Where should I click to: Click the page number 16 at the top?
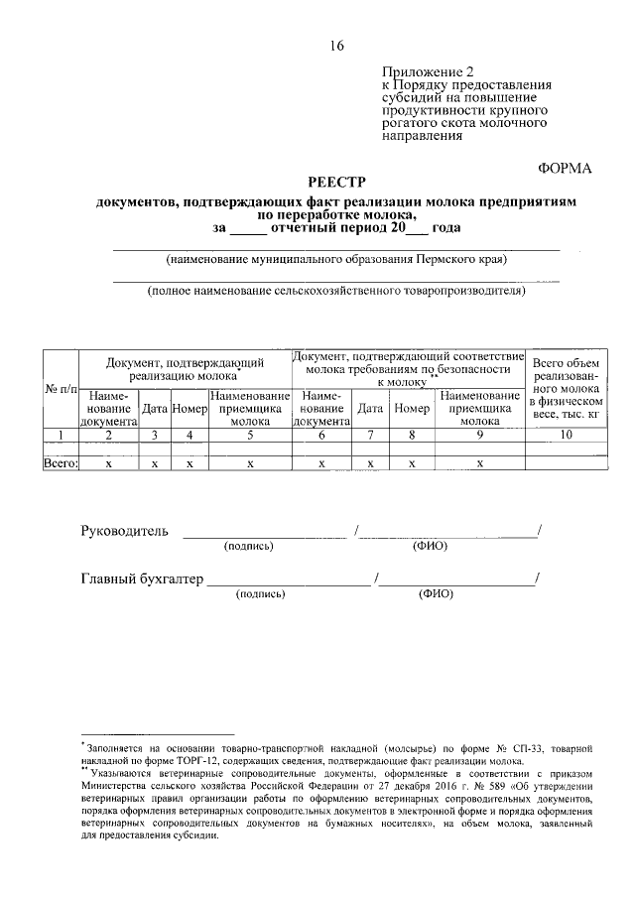tap(336, 46)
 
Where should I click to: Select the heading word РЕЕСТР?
tap(336, 182)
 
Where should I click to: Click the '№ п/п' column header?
tap(61, 388)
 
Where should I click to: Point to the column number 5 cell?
tap(250, 435)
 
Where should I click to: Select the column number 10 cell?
tap(566, 435)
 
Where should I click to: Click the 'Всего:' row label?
tap(61, 462)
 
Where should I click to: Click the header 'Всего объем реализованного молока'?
tap(566, 388)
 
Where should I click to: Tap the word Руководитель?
tap(124, 531)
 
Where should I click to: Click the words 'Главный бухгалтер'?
tap(141, 578)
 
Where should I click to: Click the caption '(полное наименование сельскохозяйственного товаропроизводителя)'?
tap(336, 292)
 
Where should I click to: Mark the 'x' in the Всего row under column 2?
tap(108, 462)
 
